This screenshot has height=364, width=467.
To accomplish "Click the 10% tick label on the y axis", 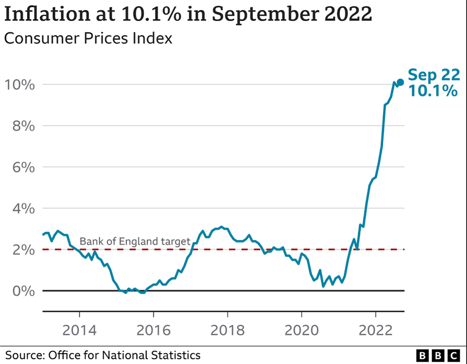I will pos(19,85).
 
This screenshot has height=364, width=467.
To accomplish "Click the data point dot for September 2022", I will pos(400,82).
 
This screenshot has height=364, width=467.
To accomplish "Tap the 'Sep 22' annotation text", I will pos(434,75).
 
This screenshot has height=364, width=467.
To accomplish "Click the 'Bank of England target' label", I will pos(135,241).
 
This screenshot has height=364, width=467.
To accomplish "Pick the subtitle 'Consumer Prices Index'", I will pos(88,38).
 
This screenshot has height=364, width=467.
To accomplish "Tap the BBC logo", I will pos(439,355).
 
